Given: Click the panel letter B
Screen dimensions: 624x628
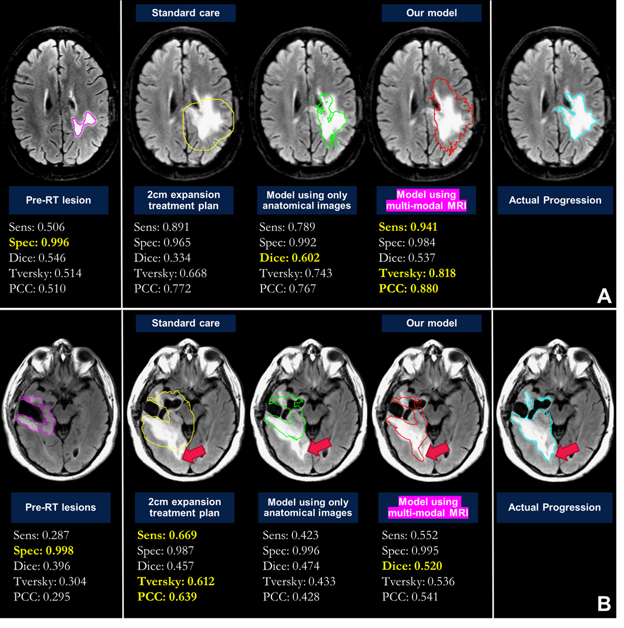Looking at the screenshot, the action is pos(604,603).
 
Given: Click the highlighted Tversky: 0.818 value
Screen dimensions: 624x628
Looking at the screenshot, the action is pos(417,273).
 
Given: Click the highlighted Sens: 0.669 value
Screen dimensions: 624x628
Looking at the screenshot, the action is pos(167,535).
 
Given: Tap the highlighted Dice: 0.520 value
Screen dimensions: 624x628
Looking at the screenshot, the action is pos(411,566).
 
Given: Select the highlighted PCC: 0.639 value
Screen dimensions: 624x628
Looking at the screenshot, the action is pos(166,596).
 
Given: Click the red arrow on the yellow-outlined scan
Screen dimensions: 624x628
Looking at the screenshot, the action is pos(194,452).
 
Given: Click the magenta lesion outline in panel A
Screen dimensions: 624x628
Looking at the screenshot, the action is pos(83,122).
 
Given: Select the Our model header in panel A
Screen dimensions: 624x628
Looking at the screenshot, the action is pos(431,13).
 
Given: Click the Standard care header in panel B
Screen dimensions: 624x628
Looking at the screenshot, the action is pos(186,323).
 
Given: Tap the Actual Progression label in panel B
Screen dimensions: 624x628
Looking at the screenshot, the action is pos(554,508).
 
